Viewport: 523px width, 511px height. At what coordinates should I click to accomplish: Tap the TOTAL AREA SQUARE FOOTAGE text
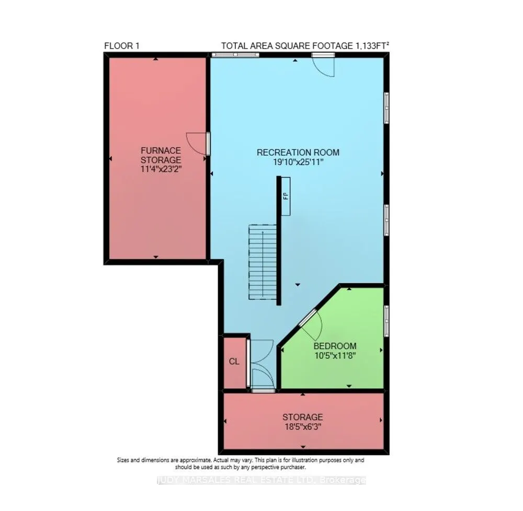[x=305, y=45]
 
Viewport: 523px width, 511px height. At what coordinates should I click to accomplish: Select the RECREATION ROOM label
[x=298, y=153]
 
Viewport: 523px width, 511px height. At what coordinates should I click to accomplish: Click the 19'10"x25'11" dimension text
[x=298, y=162]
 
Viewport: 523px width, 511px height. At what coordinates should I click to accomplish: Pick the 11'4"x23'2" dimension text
[x=161, y=169]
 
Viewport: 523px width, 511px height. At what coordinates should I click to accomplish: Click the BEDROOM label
[x=335, y=346]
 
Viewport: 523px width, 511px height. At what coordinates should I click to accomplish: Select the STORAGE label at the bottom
[x=302, y=417]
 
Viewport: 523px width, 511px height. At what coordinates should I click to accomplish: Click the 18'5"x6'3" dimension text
[x=302, y=426]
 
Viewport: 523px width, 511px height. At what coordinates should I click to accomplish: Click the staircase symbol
[x=263, y=262]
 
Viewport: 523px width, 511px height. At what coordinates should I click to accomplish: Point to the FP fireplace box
[x=286, y=196]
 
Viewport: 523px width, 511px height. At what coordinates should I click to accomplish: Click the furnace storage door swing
[x=198, y=143]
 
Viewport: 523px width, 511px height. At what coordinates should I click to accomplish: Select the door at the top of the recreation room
[x=323, y=65]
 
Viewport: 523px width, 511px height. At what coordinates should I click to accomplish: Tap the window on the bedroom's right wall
[x=386, y=320]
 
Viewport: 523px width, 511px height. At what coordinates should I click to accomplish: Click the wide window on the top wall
[x=235, y=54]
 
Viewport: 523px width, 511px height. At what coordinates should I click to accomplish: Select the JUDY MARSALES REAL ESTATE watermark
[x=261, y=480]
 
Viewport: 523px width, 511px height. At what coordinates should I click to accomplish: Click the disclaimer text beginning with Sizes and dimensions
[x=240, y=463]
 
